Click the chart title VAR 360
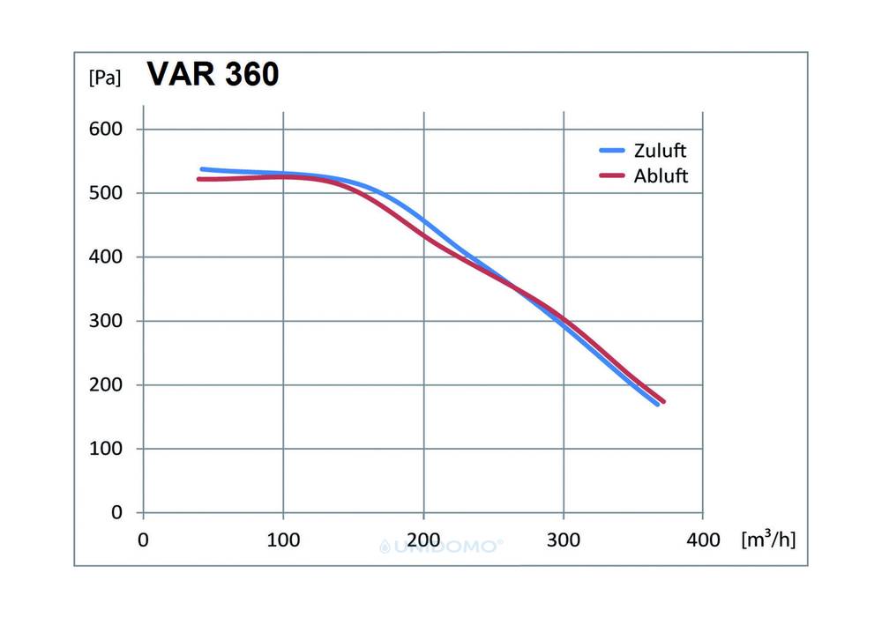click(x=213, y=75)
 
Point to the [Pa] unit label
click(x=104, y=78)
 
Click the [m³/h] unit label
click(x=768, y=539)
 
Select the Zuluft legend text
click(x=660, y=150)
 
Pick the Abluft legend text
click(x=661, y=175)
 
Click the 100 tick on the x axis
click(x=283, y=540)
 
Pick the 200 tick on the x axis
click(x=423, y=540)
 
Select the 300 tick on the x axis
click(x=563, y=540)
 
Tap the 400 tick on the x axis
click(x=703, y=540)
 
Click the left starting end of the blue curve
click(x=202, y=168)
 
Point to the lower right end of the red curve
click(x=662, y=401)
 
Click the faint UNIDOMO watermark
click(x=441, y=547)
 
